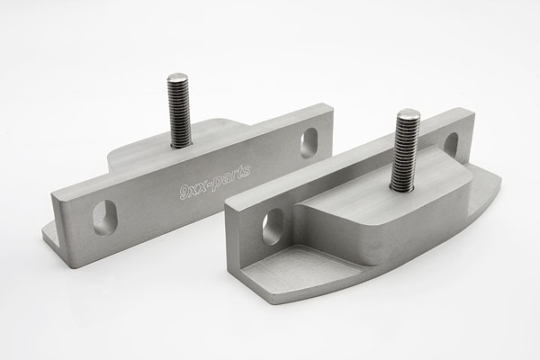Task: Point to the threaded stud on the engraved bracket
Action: [180, 110]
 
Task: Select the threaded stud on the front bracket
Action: [406, 150]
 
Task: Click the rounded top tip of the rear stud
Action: [177, 76]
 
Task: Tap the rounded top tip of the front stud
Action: [409, 112]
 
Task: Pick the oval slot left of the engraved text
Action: [104, 218]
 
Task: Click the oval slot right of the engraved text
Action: [309, 143]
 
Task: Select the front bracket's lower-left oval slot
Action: [273, 226]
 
